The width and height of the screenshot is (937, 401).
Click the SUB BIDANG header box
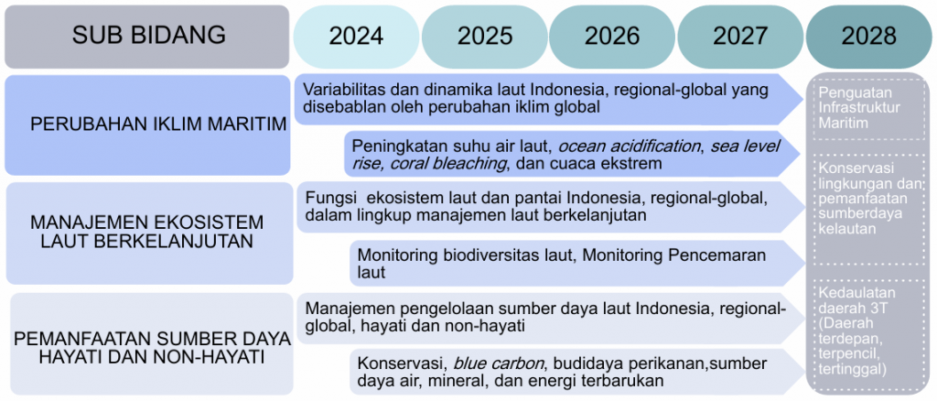[147, 37]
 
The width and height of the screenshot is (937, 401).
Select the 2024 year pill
[356, 37]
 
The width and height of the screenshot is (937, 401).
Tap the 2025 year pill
[485, 37]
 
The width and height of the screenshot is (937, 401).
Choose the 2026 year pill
[612, 37]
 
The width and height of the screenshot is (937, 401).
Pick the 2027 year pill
[740, 37]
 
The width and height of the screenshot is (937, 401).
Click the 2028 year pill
[869, 37]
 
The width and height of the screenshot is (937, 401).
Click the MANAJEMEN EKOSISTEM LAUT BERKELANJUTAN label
[147, 232]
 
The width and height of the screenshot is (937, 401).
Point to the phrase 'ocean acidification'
[629, 146]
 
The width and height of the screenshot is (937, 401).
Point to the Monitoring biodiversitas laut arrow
[577, 264]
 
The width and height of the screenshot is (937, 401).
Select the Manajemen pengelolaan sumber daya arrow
[550, 319]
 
